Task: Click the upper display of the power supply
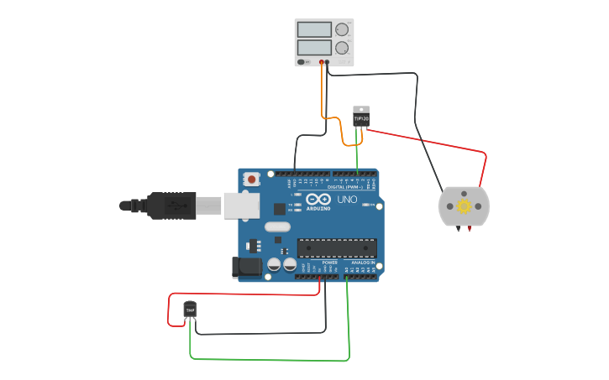point(314,29)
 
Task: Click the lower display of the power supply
point(314,48)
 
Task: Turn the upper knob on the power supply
point(342,29)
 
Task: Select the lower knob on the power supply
point(342,48)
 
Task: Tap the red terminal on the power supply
point(322,62)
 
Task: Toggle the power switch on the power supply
point(302,61)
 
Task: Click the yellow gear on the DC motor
point(464,206)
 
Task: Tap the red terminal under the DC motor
point(469,227)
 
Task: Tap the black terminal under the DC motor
point(459,227)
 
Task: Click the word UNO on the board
point(347,200)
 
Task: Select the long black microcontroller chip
point(337,248)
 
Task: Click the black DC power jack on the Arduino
point(245,268)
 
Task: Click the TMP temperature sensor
point(190,310)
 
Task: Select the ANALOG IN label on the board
point(363,263)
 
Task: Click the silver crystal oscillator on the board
point(276,226)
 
